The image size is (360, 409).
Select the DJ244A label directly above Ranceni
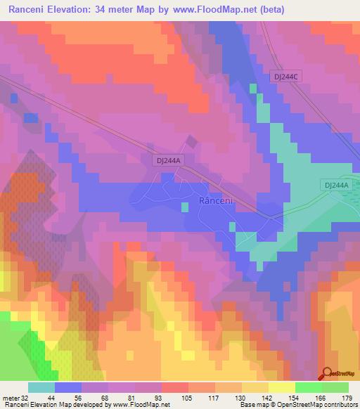[169, 160]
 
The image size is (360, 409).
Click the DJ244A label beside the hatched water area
[336, 185]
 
